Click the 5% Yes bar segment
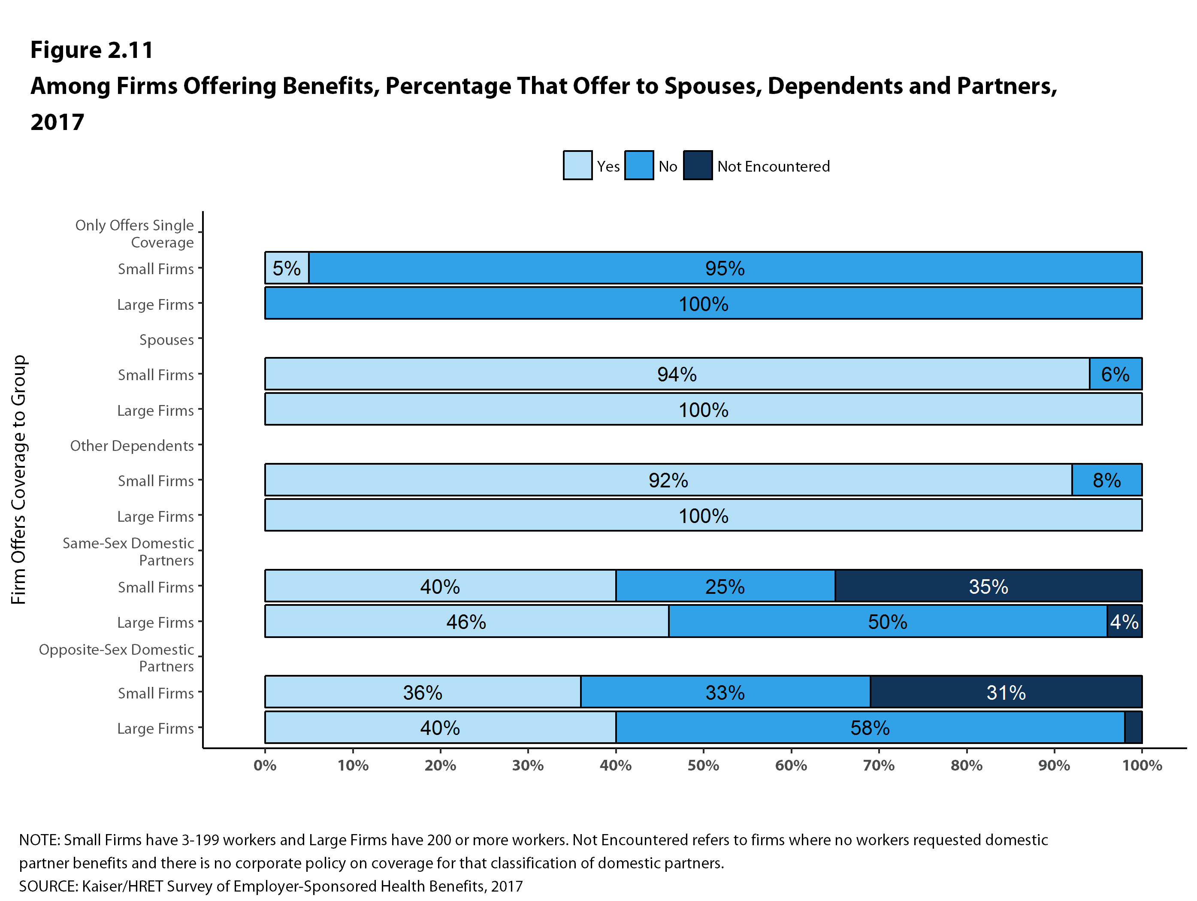pyautogui.click(x=287, y=268)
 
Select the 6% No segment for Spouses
pyautogui.click(x=1115, y=374)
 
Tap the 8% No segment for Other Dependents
pyautogui.click(x=1106, y=480)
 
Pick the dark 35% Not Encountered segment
pyautogui.click(x=988, y=586)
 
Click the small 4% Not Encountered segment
pyautogui.click(x=1124, y=622)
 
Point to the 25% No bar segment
pyautogui.click(x=725, y=586)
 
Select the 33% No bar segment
pyautogui.click(x=725, y=692)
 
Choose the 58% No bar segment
pyautogui.click(x=870, y=728)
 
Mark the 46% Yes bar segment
pyautogui.click(x=466, y=622)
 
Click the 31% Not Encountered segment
pyautogui.click(x=1006, y=692)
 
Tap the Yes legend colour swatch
pyautogui.click(x=577, y=165)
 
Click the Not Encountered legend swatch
pyautogui.click(x=698, y=165)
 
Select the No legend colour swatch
pyautogui.click(x=638, y=165)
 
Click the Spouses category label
pyautogui.click(x=166, y=340)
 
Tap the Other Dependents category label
pyautogui.click(x=132, y=446)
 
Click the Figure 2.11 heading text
pyautogui.click(x=92, y=50)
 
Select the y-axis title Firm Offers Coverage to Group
pyautogui.click(x=18, y=479)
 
